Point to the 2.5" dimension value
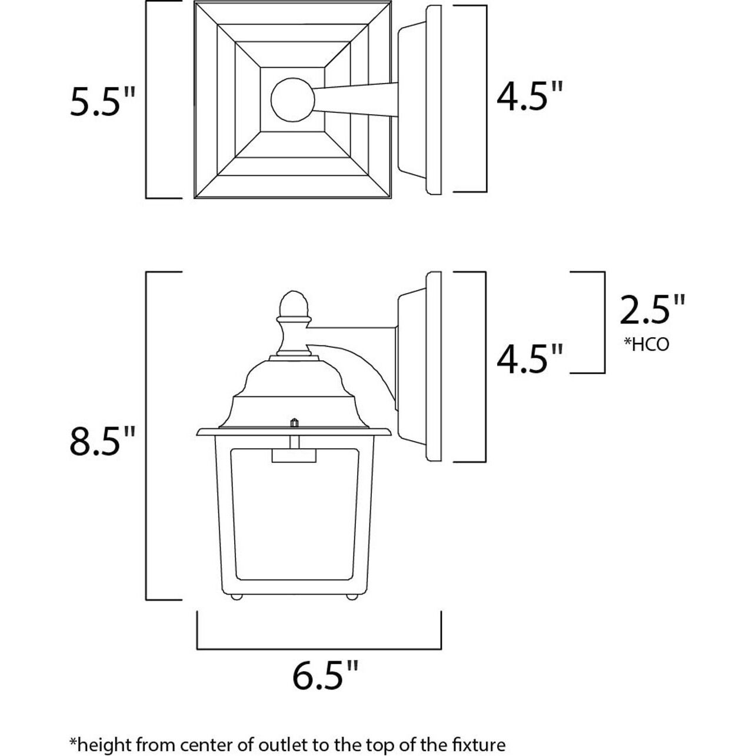point(652,310)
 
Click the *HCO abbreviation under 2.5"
point(646,344)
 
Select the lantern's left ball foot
point(237,597)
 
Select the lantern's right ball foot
point(351,597)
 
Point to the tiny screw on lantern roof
point(293,422)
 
